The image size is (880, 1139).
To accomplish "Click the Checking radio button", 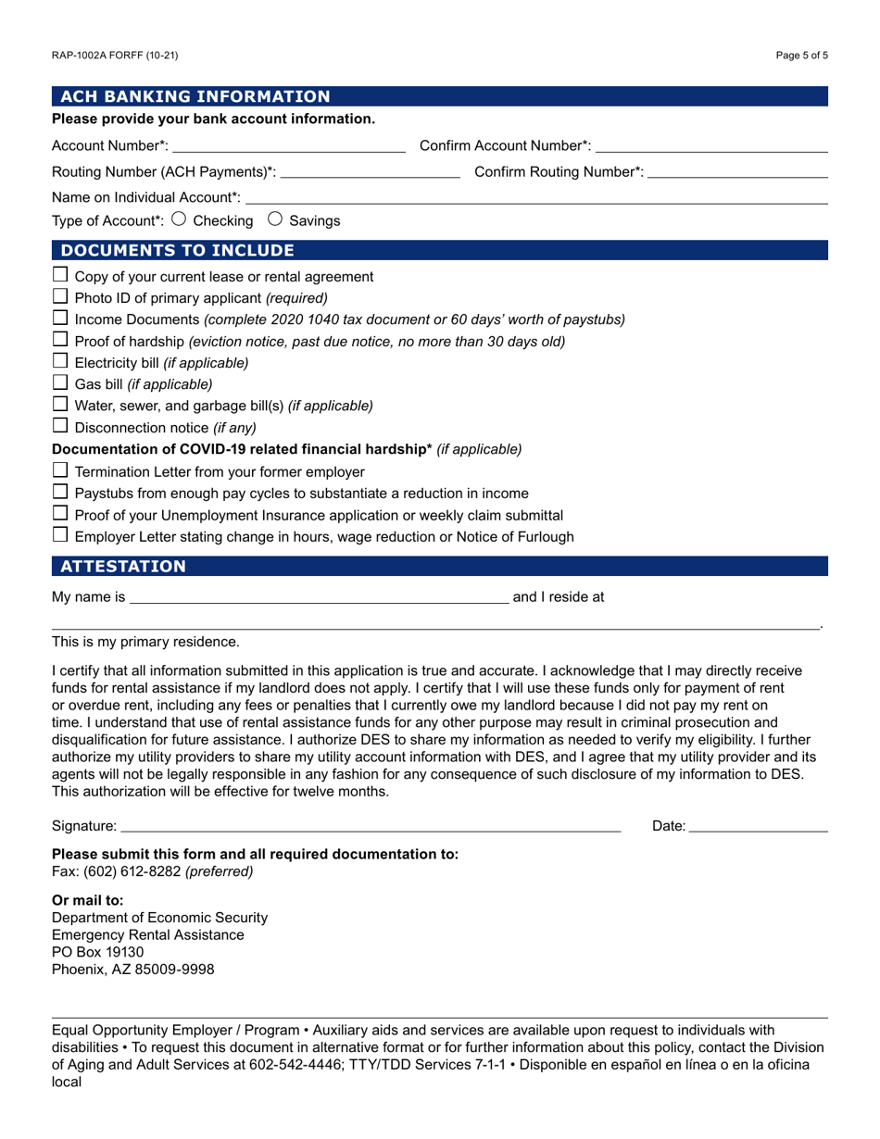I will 179,220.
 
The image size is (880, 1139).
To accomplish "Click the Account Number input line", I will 289,146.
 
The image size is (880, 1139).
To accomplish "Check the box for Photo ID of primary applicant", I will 60,297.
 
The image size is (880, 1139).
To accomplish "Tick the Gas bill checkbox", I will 60,382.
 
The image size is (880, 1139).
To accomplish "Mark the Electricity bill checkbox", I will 60,361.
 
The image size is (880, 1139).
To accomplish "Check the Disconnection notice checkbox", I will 60,426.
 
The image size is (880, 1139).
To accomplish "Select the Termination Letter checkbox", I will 60,470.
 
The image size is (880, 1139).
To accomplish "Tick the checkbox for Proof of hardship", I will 60,340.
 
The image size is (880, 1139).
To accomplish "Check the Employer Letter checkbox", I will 60,535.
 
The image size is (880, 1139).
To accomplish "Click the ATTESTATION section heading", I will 123,567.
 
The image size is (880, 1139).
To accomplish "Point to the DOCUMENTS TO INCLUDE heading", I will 177,250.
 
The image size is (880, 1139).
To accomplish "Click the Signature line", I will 371,826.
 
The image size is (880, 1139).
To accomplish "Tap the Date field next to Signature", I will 759,826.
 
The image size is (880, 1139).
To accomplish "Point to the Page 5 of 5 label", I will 802,56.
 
